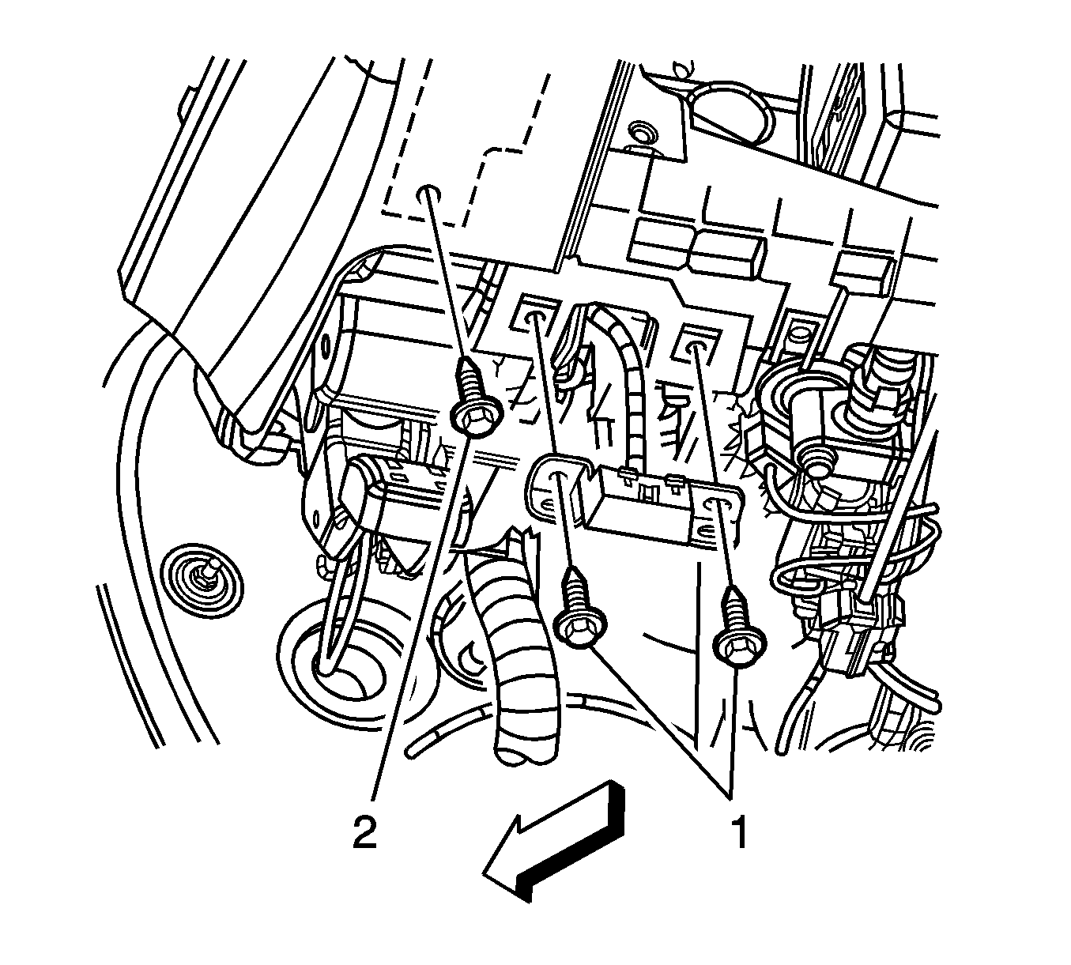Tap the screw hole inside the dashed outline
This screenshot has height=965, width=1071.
pos(428,193)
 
